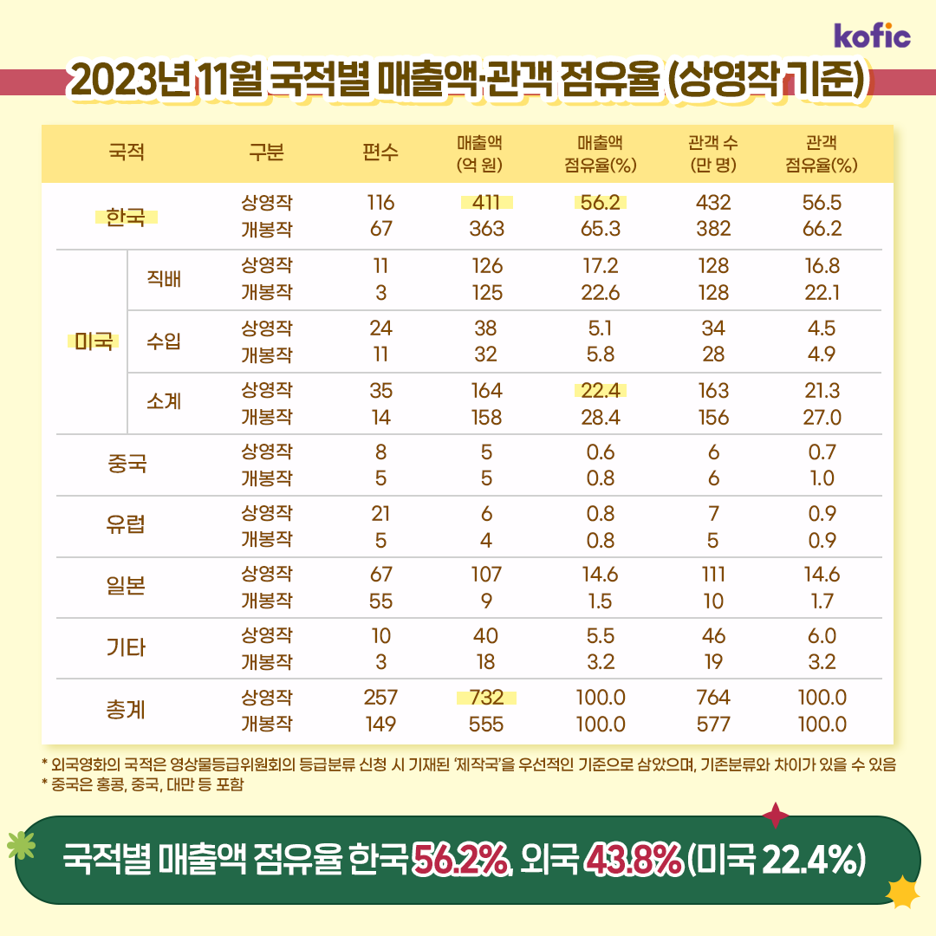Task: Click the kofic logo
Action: click(x=872, y=36)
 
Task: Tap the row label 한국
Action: click(x=126, y=216)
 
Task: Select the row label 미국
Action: click(x=93, y=341)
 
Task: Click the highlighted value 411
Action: click(x=487, y=203)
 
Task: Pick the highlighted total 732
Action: click(x=486, y=698)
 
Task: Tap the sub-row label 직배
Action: click(x=164, y=279)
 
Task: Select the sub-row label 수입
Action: click(x=164, y=341)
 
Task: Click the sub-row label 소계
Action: click(x=164, y=403)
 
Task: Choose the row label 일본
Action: click(x=126, y=587)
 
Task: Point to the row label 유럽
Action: click(x=126, y=526)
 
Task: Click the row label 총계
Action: click(x=126, y=711)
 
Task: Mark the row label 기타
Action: click(x=126, y=648)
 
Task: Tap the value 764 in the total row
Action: click(x=713, y=698)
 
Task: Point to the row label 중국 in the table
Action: click(x=126, y=465)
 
